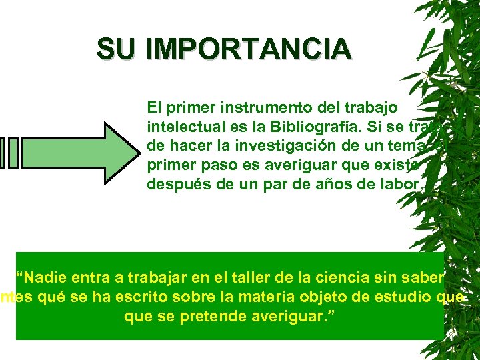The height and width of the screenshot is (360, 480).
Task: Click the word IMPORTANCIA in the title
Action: [248, 49]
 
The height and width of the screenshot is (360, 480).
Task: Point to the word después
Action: [175, 184]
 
